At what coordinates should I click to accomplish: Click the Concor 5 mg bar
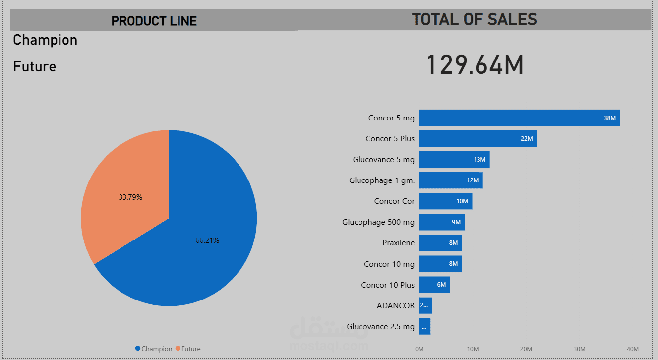click(x=519, y=118)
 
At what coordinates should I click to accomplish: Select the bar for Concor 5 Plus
click(x=478, y=139)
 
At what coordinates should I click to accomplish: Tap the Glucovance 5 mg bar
click(x=454, y=160)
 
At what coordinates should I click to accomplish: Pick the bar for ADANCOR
click(x=425, y=305)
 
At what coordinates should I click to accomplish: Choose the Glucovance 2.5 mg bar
click(x=424, y=327)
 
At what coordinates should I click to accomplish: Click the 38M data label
click(x=609, y=118)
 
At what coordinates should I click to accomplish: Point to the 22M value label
click(x=526, y=139)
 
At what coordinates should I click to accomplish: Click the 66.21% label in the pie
click(x=207, y=240)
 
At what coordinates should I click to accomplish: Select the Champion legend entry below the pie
click(x=154, y=349)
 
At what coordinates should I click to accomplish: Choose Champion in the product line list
click(x=45, y=40)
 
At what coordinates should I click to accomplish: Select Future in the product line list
click(x=35, y=66)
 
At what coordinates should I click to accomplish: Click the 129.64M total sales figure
click(x=475, y=65)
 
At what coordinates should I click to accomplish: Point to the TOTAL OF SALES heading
click(x=474, y=19)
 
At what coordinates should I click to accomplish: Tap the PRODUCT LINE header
click(x=154, y=21)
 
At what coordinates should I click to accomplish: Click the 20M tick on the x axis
click(x=526, y=349)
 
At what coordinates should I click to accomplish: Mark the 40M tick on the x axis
click(x=633, y=349)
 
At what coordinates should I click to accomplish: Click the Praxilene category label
click(x=398, y=243)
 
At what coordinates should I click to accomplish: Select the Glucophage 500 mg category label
click(x=378, y=222)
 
